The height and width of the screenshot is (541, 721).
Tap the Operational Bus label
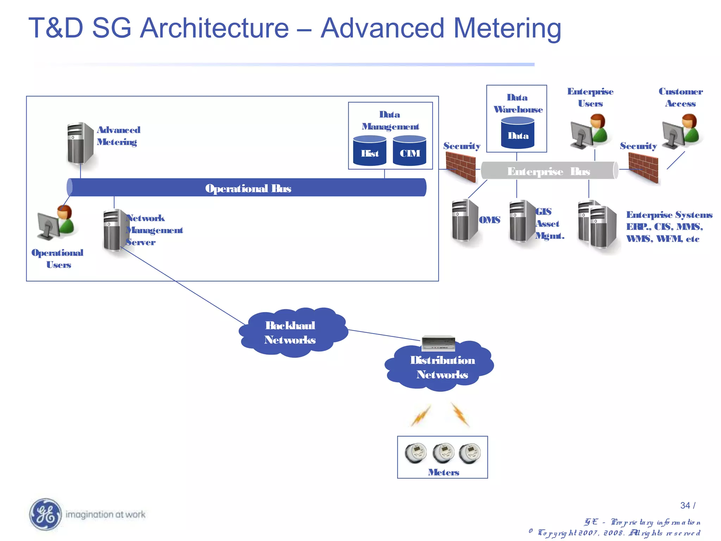click(x=248, y=188)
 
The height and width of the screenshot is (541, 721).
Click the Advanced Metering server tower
click(x=80, y=144)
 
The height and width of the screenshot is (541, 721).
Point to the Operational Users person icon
click(x=56, y=222)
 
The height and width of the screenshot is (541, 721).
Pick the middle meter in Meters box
click(x=443, y=453)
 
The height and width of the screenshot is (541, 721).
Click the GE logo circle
click(x=45, y=514)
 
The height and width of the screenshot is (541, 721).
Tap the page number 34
click(x=685, y=505)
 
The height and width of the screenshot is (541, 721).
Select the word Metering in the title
click(x=507, y=28)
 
